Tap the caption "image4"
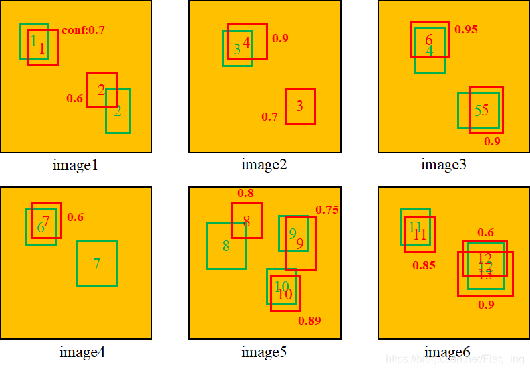click(82, 352)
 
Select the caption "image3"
click(443, 165)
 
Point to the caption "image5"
click(264, 352)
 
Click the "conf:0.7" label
click(83, 30)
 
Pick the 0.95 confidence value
click(466, 29)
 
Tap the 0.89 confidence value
click(309, 321)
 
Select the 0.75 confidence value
click(327, 210)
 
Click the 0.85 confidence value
click(424, 265)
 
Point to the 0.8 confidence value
click(245, 193)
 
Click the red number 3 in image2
click(299, 106)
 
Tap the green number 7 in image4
click(96, 264)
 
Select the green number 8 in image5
click(226, 246)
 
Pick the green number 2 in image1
click(118, 111)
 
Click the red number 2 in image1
click(101, 90)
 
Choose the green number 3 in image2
click(237, 49)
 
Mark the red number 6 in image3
click(428, 40)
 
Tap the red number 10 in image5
click(285, 294)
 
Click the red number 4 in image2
click(246, 42)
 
